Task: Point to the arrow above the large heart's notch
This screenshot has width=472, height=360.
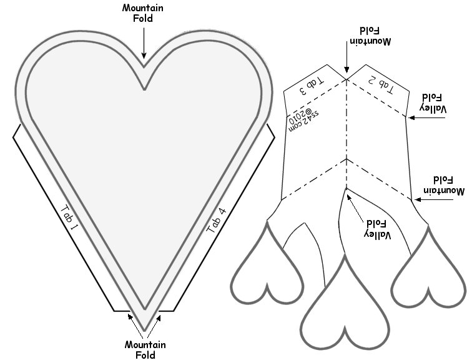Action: tap(144, 44)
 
